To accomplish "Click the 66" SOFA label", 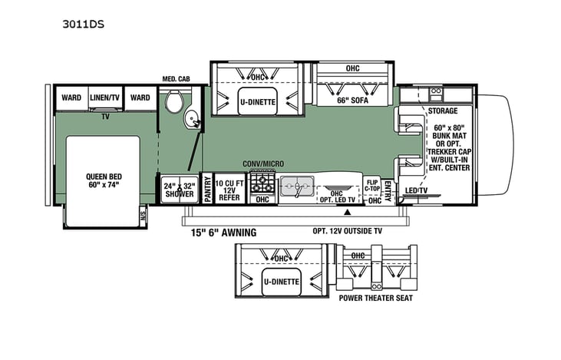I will click(x=353, y=100).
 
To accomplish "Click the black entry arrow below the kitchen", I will click(x=348, y=210).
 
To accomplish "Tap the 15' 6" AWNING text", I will click(x=224, y=232).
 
